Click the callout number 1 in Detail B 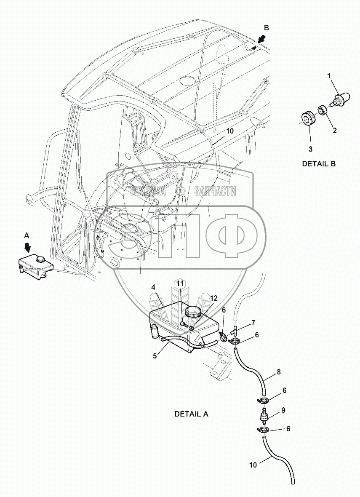330,76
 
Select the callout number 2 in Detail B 335,131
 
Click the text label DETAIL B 319,164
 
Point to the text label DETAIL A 191,414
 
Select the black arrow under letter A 28,249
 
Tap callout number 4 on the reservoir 154,287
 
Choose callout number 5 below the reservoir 155,355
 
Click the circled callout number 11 180,283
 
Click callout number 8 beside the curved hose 278,372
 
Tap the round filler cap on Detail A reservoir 194,312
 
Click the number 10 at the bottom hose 253,466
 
